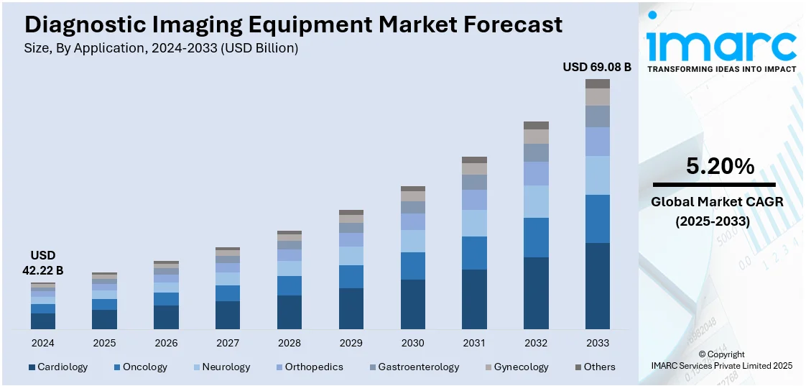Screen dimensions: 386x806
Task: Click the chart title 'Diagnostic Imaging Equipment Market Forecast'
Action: point(293,24)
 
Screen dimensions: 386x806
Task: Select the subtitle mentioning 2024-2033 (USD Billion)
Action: point(162,48)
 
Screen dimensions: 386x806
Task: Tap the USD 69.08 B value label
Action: point(596,67)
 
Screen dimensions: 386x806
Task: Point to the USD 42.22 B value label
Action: point(43,263)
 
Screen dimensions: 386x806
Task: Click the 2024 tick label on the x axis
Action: point(43,343)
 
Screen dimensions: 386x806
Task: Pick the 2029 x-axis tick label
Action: point(351,343)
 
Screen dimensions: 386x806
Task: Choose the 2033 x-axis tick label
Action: point(598,343)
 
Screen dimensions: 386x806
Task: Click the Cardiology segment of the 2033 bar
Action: point(598,286)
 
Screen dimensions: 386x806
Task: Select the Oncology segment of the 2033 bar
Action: point(598,219)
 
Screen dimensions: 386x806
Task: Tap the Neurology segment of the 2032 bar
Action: point(536,201)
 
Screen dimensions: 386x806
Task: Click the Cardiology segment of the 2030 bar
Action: point(412,304)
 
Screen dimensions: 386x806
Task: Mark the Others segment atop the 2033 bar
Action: point(598,83)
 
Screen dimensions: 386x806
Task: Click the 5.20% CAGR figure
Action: point(720,167)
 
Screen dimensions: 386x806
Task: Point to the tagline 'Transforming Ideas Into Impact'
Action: point(721,69)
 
